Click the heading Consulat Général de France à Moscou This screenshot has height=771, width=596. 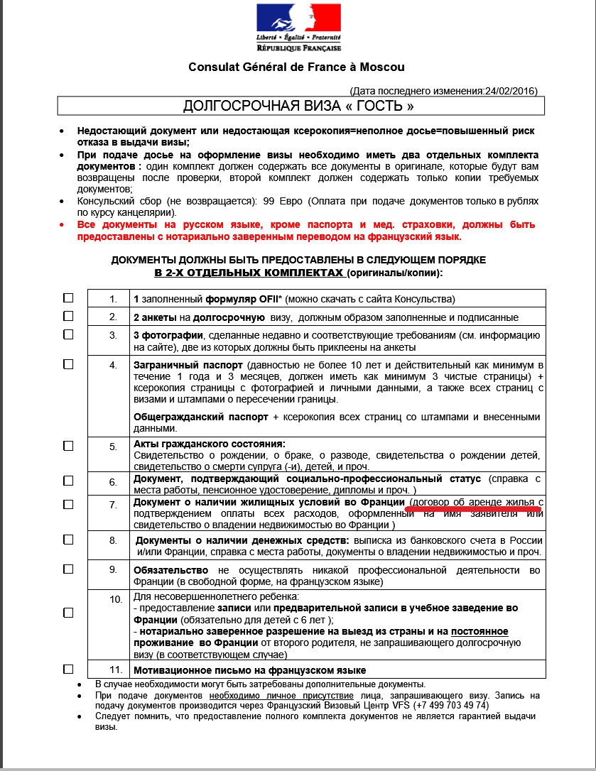click(x=296, y=67)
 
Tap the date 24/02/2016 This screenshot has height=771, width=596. click(x=509, y=91)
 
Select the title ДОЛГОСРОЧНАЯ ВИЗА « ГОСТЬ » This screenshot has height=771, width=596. click(x=298, y=106)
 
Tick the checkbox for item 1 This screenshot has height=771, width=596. click(x=68, y=297)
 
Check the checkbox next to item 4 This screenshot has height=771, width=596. click(x=68, y=364)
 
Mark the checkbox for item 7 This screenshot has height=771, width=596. click(x=68, y=504)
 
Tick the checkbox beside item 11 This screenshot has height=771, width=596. click(x=68, y=669)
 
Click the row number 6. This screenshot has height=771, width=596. click(x=113, y=481)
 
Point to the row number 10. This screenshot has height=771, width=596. click(x=116, y=599)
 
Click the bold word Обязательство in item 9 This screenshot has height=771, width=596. click(x=170, y=570)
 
